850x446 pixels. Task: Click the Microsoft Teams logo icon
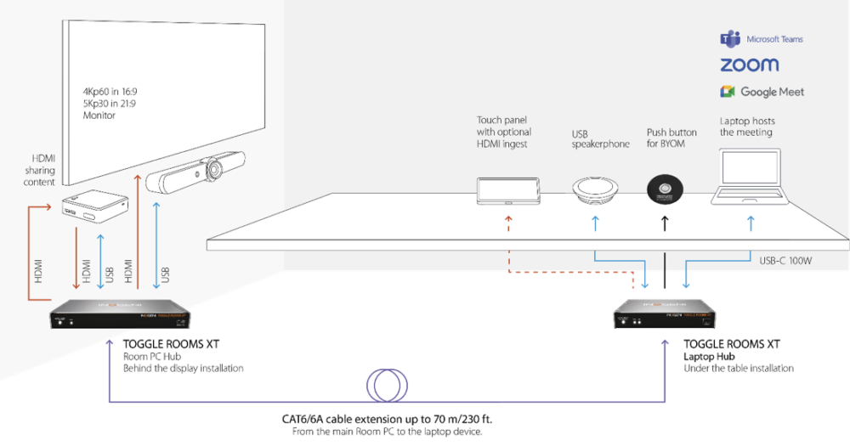pyautogui.click(x=729, y=39)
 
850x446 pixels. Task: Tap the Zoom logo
pyautogui.click(x=749, y=65)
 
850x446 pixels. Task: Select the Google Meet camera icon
pyautogui.click(x=728, y=92)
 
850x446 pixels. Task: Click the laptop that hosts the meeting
pyautogui.click(x=751, y=178)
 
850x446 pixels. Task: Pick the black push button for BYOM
pyautogui.click(x=664, y=188)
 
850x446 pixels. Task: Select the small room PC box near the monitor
pyautogui.click(x=94, y=207)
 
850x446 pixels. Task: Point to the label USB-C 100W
pyautogui.click(x=786, y=261)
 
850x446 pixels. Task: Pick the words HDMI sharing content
pyautogui.click(x=43, y=170)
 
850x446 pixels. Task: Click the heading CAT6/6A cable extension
pyautogui.click(x=387, y=420)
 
